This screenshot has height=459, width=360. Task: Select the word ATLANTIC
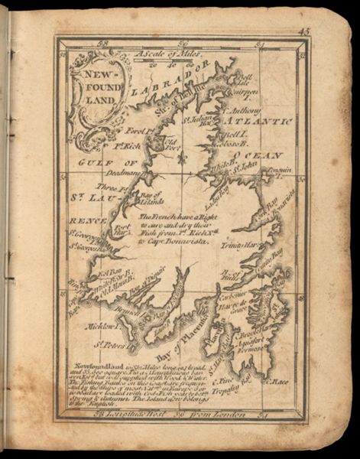264,121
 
